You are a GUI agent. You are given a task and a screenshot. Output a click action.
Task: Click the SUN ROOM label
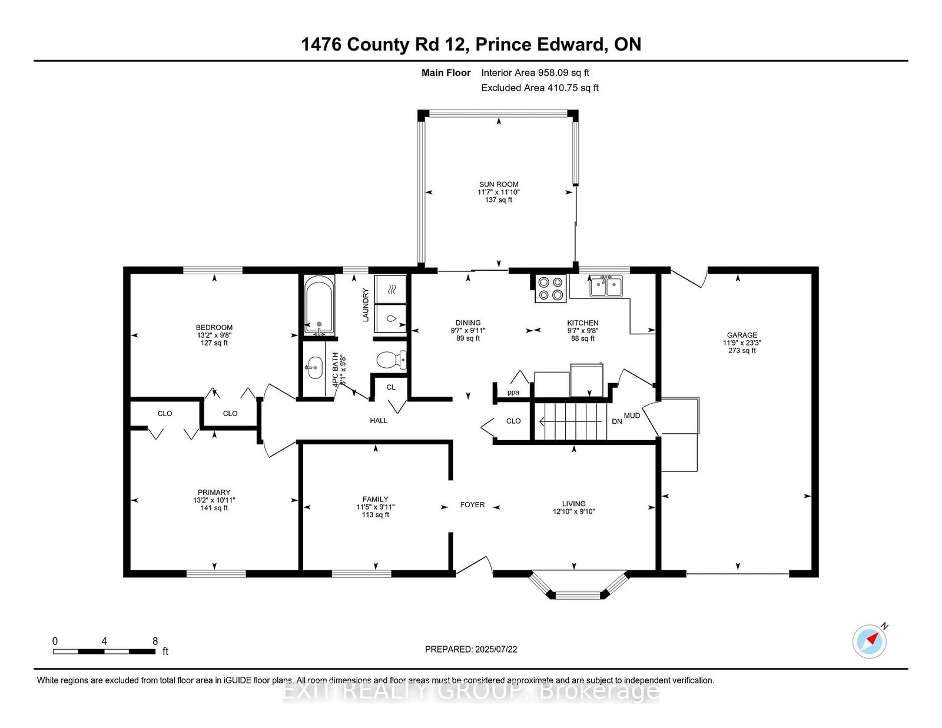click(x=499, y=184)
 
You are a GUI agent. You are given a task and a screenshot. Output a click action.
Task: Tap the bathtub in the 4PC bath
click(x=319, y=305)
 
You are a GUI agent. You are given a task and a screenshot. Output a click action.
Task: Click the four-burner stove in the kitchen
click(x=550, y=288)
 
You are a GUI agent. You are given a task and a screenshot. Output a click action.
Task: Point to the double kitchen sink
click(x=606, y=286)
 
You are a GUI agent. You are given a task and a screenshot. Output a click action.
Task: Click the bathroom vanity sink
click(x=314, y=368)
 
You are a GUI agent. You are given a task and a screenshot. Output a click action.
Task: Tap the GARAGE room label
click(x=742, y=335)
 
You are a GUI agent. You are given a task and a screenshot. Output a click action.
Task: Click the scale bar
click(x=104, y=651)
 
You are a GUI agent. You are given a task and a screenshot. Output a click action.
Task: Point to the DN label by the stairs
click(x=616, y=421)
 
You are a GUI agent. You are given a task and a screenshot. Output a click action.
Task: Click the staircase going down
click(x=570, y=421)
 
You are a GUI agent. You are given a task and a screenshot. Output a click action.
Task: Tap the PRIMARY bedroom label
click(x=214, y=492)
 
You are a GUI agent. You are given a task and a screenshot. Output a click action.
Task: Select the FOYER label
click(x=472, y=505)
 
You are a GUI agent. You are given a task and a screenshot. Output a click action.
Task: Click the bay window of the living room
click(x=579, y=586)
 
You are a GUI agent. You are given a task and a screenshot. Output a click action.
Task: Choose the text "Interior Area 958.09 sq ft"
click(x=535, y=73)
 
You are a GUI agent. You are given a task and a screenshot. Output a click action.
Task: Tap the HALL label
click(x=379, y=420)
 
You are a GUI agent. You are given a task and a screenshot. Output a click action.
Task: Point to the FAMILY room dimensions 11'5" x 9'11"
click(x=376, y=507)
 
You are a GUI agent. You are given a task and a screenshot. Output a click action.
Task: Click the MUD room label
click(x=632, y=415)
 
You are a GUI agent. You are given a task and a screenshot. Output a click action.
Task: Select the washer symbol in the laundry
click(x=390, y=318)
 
